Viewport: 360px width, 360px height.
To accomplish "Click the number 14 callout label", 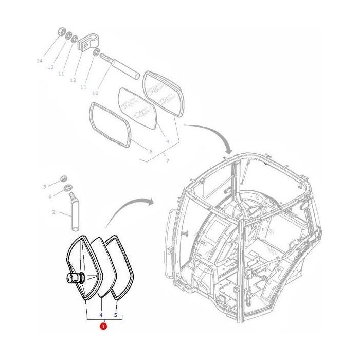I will [x=39, y=61].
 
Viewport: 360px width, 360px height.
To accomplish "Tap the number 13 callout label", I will [x=50, y=67].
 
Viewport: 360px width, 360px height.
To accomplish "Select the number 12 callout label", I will [x=73, y=80].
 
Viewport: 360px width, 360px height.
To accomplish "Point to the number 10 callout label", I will [x=95, y=93].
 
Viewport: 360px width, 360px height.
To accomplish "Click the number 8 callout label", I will [x=150, y=151].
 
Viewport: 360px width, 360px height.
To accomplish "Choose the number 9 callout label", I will [x=167, y=141].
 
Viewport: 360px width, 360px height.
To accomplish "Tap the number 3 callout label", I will [x=44, y=186].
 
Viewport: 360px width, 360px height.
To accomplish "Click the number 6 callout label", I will [x=50, y=196].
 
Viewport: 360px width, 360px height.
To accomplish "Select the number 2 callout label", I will [x=53, y=212].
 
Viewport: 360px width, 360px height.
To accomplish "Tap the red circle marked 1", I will [x=104, y=326].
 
